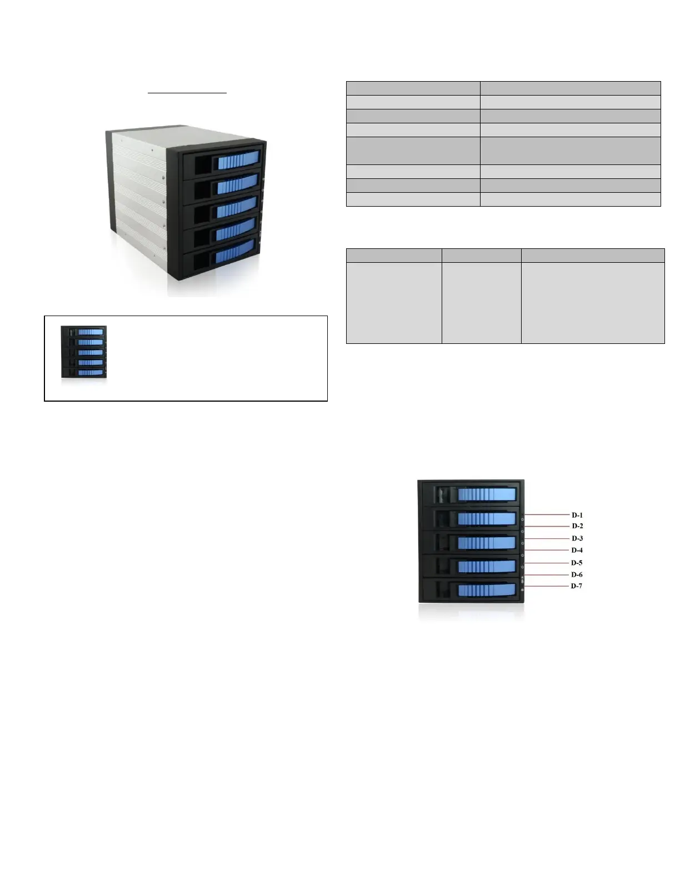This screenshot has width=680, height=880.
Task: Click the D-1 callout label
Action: [577, 515]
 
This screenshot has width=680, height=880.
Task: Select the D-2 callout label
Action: [577, 526]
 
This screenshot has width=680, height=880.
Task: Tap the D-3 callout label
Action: [577, 538]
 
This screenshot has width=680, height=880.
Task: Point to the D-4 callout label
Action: [577, 551]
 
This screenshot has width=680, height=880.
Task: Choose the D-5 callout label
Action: [577, 563]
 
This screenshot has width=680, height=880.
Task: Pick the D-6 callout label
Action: [577, 575]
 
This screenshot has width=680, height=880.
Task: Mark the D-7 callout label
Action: [577, 586]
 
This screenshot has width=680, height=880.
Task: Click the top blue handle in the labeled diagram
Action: [487, 494]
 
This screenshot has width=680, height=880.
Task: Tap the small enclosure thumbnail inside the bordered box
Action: [83, 352]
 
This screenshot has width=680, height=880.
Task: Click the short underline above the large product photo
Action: [187, 93]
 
